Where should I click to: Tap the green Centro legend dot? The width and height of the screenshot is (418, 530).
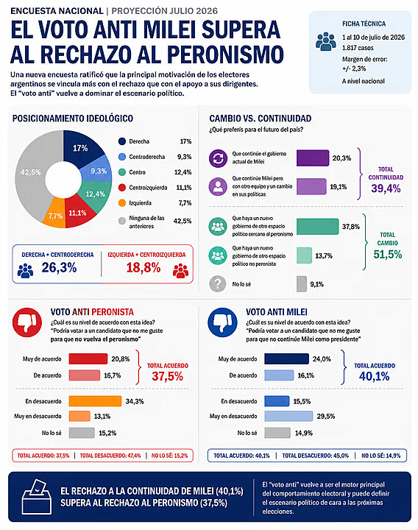click(122, 172)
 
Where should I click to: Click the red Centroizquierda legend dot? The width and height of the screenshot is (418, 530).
click(122, 187)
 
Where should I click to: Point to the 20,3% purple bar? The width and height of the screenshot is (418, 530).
click(313, 158)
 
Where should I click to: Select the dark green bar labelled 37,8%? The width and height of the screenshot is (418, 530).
click(317, 227)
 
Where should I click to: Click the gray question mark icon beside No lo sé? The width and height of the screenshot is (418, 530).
click(218, 284)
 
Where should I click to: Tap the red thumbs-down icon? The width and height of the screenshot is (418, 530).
click(27, 322)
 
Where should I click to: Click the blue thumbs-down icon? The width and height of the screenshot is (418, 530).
click(222, 322)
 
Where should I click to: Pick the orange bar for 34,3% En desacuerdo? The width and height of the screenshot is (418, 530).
click(95, 401)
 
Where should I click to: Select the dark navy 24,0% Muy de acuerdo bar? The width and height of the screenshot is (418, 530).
click(286, 358)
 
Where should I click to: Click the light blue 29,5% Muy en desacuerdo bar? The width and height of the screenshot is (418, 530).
click(288, 416)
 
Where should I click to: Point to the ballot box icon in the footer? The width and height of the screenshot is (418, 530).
click(37, 497)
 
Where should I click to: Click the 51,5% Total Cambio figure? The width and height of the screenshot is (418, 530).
click(388, 254)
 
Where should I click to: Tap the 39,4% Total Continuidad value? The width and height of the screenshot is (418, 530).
click(386, 188)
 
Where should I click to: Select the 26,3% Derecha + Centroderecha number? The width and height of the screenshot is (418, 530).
click(59, 268)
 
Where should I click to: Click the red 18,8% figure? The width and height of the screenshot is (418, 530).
click(144, 268)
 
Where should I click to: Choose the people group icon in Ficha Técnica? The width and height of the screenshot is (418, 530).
click(326, 41)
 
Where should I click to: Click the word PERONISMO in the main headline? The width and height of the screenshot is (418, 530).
click(225, 54)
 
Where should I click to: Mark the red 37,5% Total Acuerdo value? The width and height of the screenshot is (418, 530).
click(167, 376)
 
